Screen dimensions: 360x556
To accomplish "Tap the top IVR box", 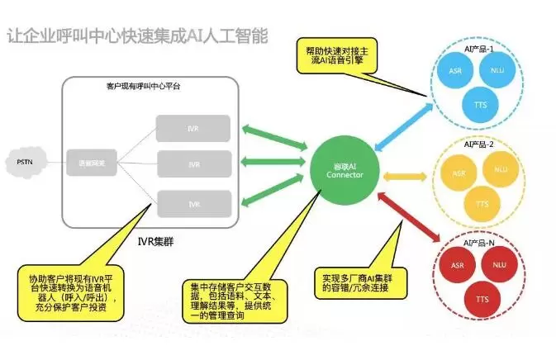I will pyautogui.click(x=193, y=128).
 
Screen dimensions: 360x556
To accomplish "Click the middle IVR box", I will pyautogui.click(x=193, y=164).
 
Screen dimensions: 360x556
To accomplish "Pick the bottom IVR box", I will pyautogui.click(x=193, y=203).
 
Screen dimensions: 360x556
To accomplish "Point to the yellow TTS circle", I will pyautogui.click(x=478, y=203).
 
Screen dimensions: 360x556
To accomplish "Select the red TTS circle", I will pyautogui.click(x=477, y=300).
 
